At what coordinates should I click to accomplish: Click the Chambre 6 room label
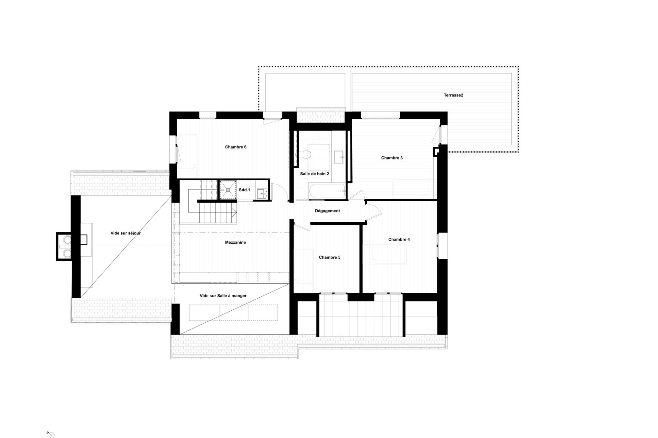pos(236,147)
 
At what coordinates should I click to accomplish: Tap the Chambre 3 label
pos(392,158)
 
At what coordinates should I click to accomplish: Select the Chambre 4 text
pos(399,240)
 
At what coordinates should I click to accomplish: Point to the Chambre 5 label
pos(330,257)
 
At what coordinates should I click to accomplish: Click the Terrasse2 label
pos(453,95)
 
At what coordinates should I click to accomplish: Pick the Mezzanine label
pos(235,243)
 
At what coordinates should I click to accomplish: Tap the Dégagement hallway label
pos(327,211)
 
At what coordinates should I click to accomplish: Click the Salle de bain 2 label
pos(315,174)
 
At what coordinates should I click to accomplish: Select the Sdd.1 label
pos(244,190)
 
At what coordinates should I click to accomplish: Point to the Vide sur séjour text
pos(125,233)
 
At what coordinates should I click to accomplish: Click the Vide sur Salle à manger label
pos(223,296)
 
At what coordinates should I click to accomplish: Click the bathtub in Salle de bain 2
pos(327,192)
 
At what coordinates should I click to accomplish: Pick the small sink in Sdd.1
pos(262,193)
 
